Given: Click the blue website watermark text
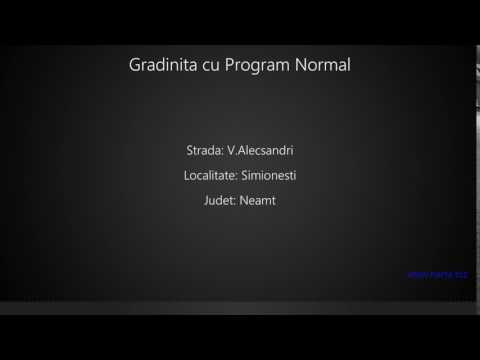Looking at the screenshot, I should (437, 273).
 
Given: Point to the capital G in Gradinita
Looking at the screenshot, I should (135, 65).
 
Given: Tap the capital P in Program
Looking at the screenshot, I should (231, 65).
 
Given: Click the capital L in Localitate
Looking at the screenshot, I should (187, 176).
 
